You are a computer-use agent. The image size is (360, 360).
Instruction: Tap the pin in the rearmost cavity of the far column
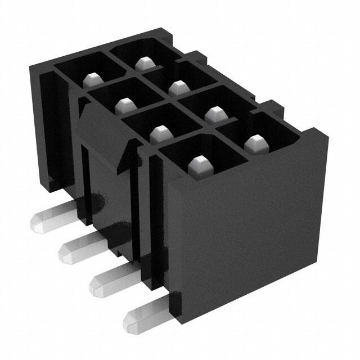point(141,62)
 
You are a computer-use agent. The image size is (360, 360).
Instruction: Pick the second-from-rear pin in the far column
point(178,87)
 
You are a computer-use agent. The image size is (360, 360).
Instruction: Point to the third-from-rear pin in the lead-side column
point(160,133)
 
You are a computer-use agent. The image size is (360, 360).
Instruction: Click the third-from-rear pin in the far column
point(213,114)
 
